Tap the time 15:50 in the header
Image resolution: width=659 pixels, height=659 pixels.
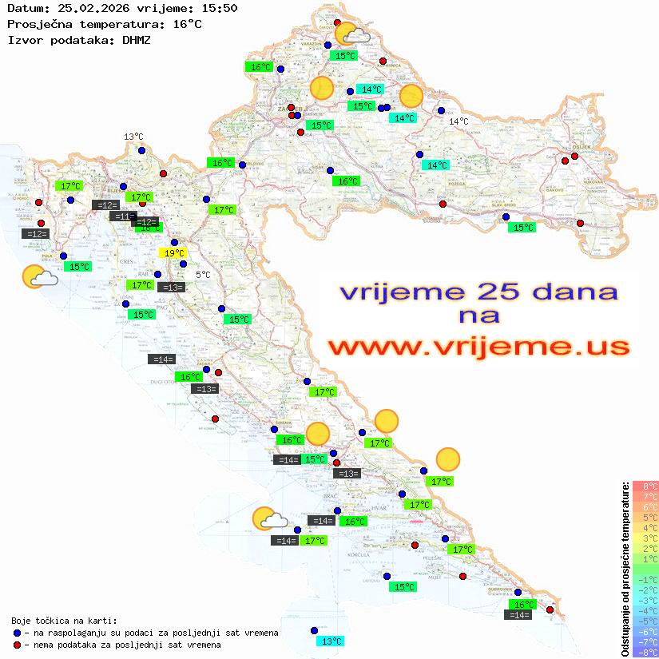coord(217,9)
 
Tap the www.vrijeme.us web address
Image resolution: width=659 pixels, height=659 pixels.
coord(477,347)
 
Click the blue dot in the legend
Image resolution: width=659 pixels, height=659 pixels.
coord(17,633)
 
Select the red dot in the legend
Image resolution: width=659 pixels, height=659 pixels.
coord(17,645)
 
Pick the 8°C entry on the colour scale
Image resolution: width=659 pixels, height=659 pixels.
coord(645,486)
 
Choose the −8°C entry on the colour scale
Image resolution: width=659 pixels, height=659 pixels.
coord(645,653)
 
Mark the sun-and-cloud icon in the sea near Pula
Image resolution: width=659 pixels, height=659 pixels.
coord(39,276)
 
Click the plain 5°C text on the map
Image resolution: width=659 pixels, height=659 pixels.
coord(203,275)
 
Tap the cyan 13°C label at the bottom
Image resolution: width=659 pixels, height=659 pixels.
coord(331,641)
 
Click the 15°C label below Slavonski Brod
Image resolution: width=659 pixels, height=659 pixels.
coord(522,228)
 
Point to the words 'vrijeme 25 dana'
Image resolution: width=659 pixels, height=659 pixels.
coord(478,292)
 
